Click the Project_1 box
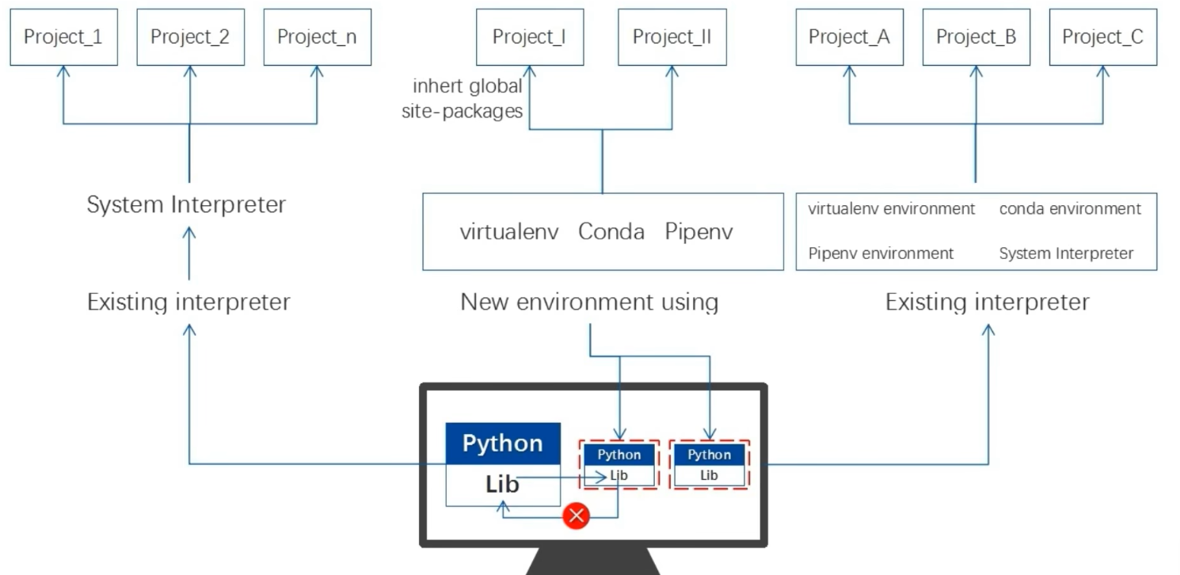(x=63, y=37)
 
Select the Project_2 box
(x=190, y=37)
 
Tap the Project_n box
(x=317, y=37)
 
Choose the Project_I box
(x=529, y=37)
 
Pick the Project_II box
(x=672, y=37)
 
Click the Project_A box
(x=849, y=37)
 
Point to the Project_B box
(x=976, y=37)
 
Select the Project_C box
(x=1102, y=37)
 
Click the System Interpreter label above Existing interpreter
(x=186, y=204)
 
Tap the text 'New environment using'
(x=589, y=302)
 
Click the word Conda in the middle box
(x=611, y=232)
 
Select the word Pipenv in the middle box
(x=698, y=232)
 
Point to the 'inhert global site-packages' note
(x=467, y=98)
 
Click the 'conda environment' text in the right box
(x=1070, y=209)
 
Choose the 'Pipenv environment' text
(x=881, y=253)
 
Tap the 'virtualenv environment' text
(x=891, y=209)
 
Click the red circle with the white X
(x=577, y=516)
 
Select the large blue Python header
(x=503, y=443)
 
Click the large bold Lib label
(x=502, y=484)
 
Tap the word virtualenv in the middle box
(x=509, y=232)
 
